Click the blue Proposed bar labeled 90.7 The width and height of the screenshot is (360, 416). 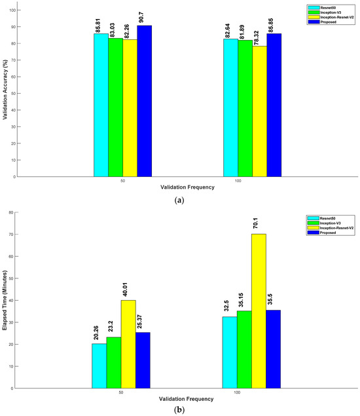[144, 102]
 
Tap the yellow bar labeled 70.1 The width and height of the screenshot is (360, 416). [259, 311]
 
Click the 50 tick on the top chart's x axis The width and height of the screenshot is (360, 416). [122, 181]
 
